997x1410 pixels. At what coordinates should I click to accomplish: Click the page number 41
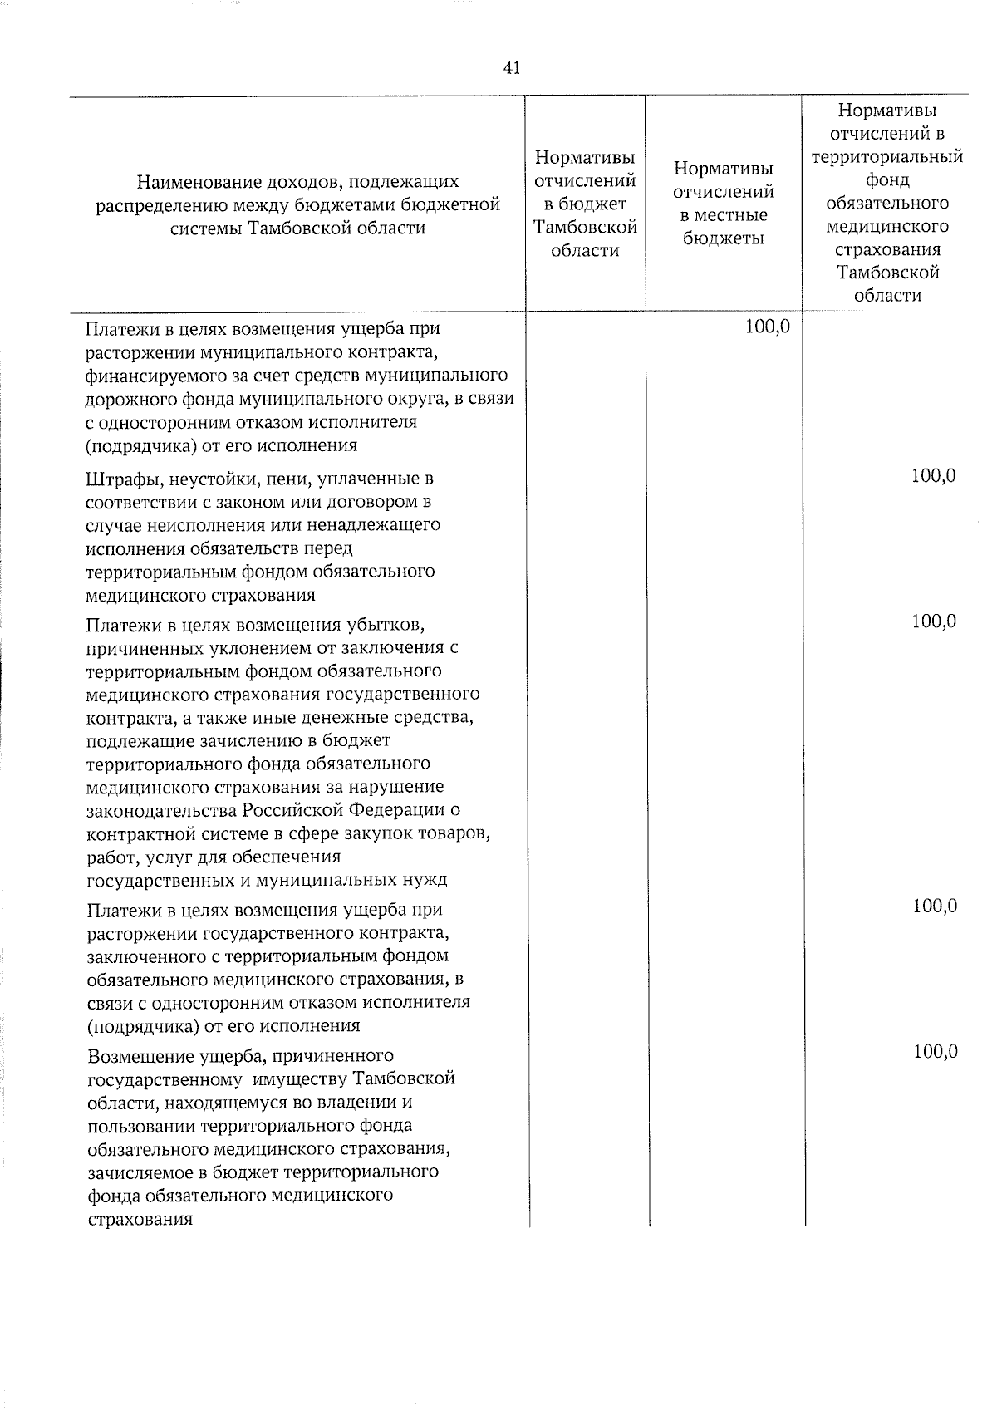[512, 69]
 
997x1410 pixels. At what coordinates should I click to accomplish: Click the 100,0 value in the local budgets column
[767, 327]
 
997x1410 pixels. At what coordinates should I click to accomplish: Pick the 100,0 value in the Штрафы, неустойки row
[934, 476]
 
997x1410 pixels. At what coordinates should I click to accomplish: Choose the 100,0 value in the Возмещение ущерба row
[935, 1052]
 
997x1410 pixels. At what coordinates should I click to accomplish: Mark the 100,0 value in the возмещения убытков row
[934, 621]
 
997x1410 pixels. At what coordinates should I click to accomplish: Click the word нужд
[427, 880]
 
